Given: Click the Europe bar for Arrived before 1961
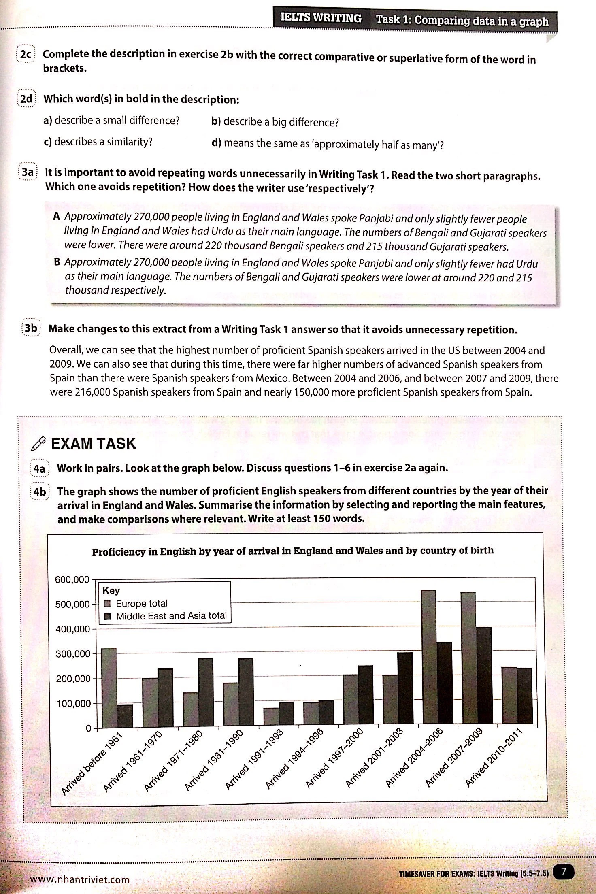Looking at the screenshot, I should pos(109,688).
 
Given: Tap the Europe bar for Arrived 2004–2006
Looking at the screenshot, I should pos(428,658).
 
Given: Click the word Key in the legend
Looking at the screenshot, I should pos(111,590).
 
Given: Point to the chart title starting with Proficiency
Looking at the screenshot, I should pos(292,551).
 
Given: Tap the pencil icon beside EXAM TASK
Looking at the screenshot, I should pos(38,444).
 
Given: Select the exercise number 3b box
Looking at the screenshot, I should pos(31,328).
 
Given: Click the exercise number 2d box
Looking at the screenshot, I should pos(26,99).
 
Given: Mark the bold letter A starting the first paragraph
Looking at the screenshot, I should pos(57,216).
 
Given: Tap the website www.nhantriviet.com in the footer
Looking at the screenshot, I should pos(79,879).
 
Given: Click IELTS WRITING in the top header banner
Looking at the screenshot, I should pos(321,19).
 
